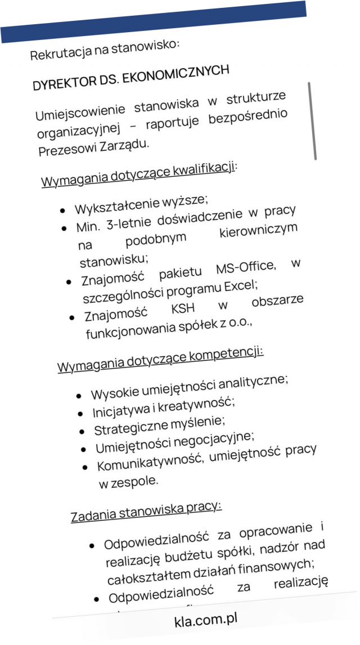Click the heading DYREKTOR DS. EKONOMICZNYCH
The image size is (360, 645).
(x=131, y=77)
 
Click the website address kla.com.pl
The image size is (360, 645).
(x=206, y=620)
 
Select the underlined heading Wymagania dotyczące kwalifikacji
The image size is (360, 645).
(x=138, y=174)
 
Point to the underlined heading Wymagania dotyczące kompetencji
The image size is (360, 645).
(x=160, y=359)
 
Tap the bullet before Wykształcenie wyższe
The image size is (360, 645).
(x=63, y=211)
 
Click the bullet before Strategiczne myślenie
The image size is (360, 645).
(x=82, y=432)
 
